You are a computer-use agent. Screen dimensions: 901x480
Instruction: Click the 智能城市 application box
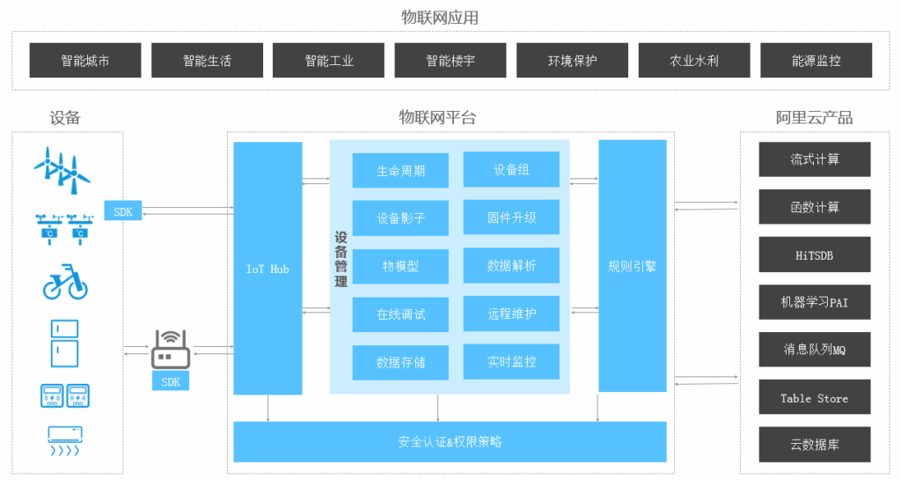(85, 61)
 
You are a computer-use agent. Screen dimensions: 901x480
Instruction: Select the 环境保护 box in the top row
(572, 61)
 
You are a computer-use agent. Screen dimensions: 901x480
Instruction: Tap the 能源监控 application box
(816, 61)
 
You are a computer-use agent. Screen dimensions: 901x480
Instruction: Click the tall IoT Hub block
(267, 269)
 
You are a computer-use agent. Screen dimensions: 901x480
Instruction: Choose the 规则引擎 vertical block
(633, 266)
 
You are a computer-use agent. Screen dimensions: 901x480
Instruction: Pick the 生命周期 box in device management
(400, 171)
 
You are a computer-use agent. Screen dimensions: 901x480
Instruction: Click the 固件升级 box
(511, 218)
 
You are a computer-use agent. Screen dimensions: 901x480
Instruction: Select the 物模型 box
(400, 266)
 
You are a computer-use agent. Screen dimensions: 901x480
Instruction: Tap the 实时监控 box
(511, 362)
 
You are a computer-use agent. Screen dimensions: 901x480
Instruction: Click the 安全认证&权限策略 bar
(450, 441)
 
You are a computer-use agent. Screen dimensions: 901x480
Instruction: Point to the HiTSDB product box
(815, 255)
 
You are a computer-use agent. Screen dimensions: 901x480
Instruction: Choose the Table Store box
(815, 397)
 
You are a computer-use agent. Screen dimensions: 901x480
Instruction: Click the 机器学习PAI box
(815, 302)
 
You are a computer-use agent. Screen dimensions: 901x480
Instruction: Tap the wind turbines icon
(62, 171)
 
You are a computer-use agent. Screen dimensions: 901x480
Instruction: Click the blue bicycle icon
(65, 282)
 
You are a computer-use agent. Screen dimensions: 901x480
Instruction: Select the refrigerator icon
(64, 343)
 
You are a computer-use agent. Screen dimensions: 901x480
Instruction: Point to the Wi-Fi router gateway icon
(171, 350)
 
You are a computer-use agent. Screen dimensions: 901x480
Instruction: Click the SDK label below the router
(171, 381)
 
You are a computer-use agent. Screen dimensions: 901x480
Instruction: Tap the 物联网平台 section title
(438, 118)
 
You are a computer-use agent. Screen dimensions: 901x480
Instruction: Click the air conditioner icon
(65, 441)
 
